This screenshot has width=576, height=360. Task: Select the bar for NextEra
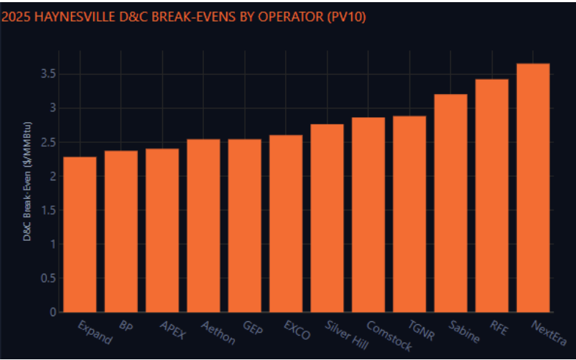533,188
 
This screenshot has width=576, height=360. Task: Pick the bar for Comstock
368,215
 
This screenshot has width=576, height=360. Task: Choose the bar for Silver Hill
327,218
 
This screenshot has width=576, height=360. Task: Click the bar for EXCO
286,223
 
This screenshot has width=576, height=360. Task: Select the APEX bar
162,231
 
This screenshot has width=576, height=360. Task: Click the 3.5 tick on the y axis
48,74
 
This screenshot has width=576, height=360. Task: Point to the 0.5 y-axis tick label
48,278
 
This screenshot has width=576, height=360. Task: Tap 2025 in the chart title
14,17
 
